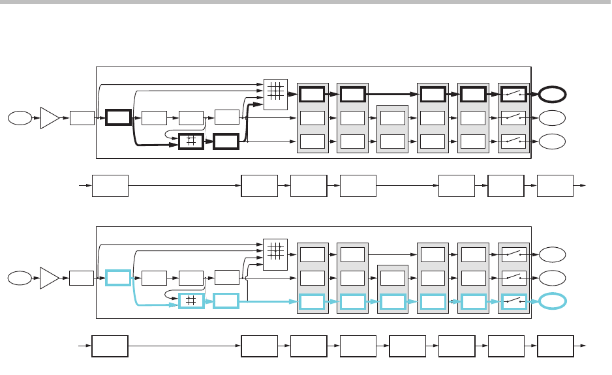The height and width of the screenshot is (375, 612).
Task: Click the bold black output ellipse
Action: [552, 95]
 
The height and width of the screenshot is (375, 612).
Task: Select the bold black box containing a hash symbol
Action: [192, 142]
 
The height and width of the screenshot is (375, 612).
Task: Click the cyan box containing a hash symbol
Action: [192, 301]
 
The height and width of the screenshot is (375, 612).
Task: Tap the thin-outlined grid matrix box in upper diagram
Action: [275, 91]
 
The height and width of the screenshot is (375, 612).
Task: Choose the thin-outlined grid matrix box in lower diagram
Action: [275, 251]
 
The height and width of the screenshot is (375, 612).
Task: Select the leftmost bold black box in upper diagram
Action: [118, 118]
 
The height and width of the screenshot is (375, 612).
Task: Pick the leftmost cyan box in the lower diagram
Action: [118, 278]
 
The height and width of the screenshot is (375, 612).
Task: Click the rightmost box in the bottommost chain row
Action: [555, 346]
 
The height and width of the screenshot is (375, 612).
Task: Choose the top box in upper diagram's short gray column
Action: [392, 118]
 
